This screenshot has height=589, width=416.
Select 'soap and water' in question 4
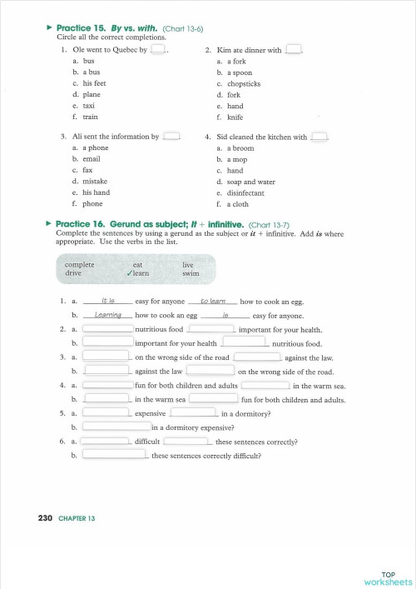click(251, 181)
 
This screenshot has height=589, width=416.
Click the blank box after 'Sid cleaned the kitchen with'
click(319, 137)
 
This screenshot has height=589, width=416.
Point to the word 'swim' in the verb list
click(191, 272)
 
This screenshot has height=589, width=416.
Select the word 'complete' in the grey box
click(80, 264)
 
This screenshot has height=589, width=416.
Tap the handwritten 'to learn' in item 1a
click(215, 301)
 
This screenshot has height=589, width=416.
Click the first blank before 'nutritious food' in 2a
click(107, 329)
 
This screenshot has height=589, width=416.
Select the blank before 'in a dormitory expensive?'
click(116, 427)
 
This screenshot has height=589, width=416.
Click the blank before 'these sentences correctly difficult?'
click(116, 456)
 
